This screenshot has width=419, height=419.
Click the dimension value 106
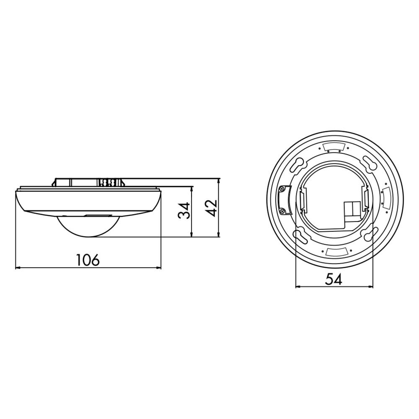pyautogui.click(x=88, y=260)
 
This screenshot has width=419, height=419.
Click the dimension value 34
pyautogui.click(x=184, y=211)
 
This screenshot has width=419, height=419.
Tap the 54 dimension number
pyautogui.click(x=334, y=279)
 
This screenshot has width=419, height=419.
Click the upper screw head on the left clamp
pyautogui.click(x=282, y=189)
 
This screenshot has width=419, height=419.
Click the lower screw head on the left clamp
pyautogui.click(x=282, y=211)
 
